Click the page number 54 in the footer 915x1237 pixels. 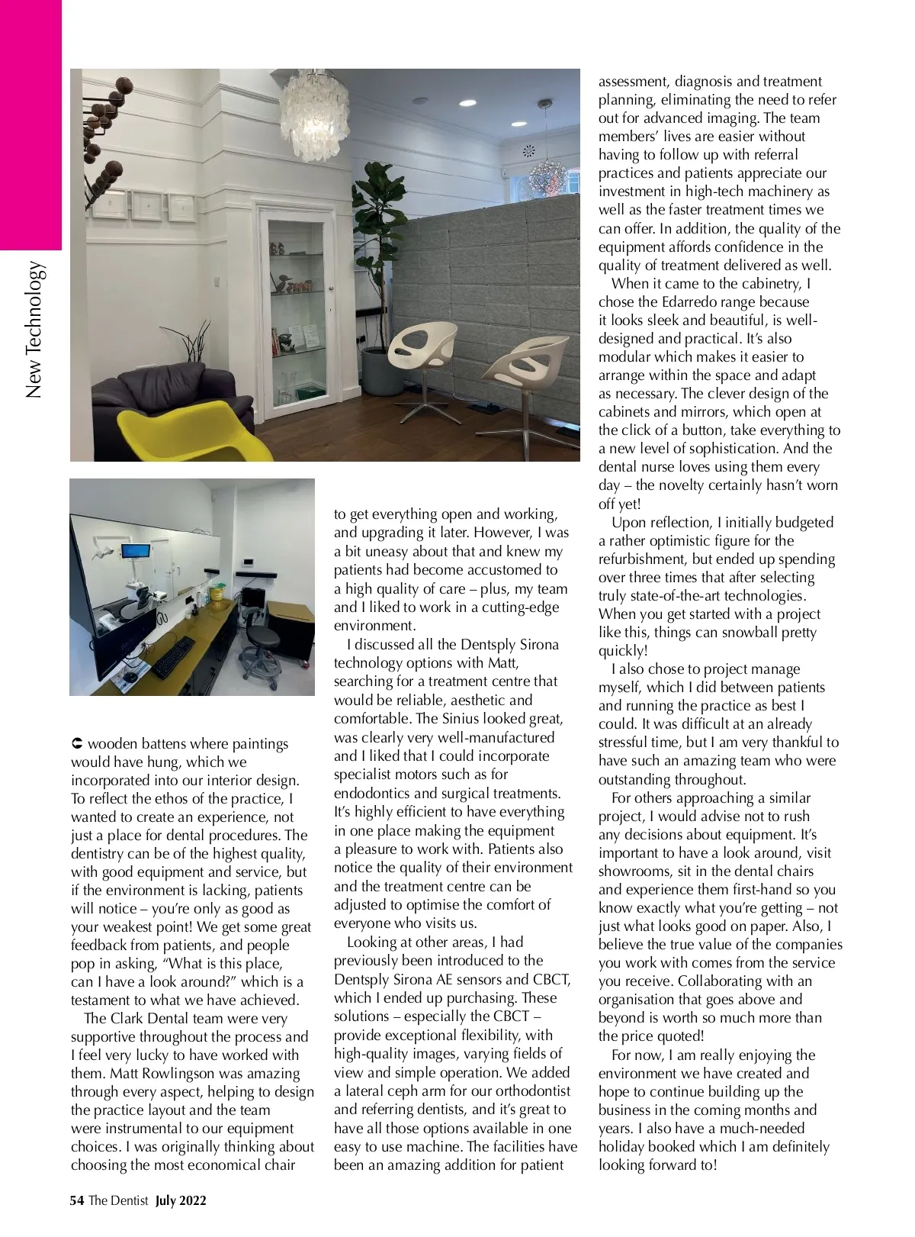(76, 1200)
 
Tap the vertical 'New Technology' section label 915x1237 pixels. (34, 330)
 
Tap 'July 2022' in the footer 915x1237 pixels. (181, 1200)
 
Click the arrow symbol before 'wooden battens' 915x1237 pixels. (76, 743)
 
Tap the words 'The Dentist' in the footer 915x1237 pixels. (118, 1200)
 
